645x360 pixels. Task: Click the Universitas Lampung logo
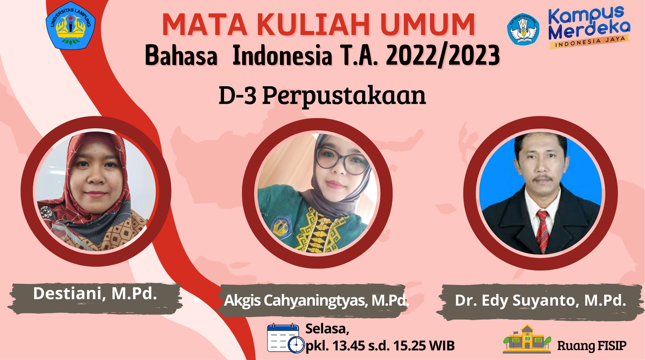click(x=71, y=26)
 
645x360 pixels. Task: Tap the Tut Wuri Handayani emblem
click(x=523, y=29)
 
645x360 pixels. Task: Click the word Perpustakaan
click(x=344, y=96)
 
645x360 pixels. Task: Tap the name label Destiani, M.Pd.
click(x=95, y=294)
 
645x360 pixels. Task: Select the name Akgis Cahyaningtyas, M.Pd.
click(x=316, y=300)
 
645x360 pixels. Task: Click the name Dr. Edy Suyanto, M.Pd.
click(x=540, y=300)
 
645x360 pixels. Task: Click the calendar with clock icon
click(x=285, y=338)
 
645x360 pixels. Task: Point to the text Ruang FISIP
click(x=592, y=345)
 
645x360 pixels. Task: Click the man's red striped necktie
click(x=543, y=230)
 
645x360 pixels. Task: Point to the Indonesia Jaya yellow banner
click(x=590, y=42)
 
